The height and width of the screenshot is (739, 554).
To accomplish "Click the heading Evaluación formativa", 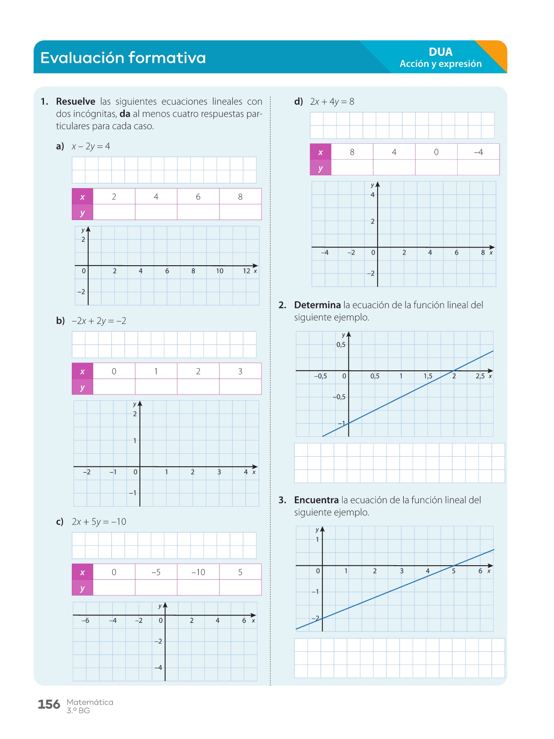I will click(x=123, y=58).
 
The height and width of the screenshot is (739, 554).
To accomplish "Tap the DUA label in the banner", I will click(x=440, y=52).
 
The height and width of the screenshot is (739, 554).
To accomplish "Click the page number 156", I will click(x=49, y=705).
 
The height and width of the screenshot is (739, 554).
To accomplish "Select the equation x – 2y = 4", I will click(x=91, y=146).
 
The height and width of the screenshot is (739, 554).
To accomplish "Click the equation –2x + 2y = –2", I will click(x=99, y=321).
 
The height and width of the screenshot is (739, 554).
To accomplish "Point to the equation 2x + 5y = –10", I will click(x=99, y=522).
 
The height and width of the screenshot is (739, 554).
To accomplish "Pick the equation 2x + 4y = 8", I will click(x=332, y=101).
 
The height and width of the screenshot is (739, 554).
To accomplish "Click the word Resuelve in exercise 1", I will click(x=76, y=101).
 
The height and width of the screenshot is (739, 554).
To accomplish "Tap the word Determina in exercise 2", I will click(x=317, y=305).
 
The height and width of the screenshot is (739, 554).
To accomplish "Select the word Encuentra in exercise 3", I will click(x=316, y=500).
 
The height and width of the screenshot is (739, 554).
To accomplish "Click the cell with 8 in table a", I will click(x=240, y=197).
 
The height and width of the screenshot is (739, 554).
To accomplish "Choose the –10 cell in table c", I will click(x=198, y=572).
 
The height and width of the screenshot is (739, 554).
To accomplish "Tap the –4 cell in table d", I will click(x=478, y=152).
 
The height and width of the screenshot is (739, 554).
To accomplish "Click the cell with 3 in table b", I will click(x=240, y=371).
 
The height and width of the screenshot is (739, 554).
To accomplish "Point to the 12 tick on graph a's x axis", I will click(x=246, y=271).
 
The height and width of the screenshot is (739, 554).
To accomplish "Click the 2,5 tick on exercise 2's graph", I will click(x=480, y=376).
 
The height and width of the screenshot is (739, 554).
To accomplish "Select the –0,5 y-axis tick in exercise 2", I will click(x=339, y=397).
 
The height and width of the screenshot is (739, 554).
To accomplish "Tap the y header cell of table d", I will click(x=320, y=168).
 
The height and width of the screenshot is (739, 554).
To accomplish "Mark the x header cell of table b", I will click(x=82, y=372).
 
